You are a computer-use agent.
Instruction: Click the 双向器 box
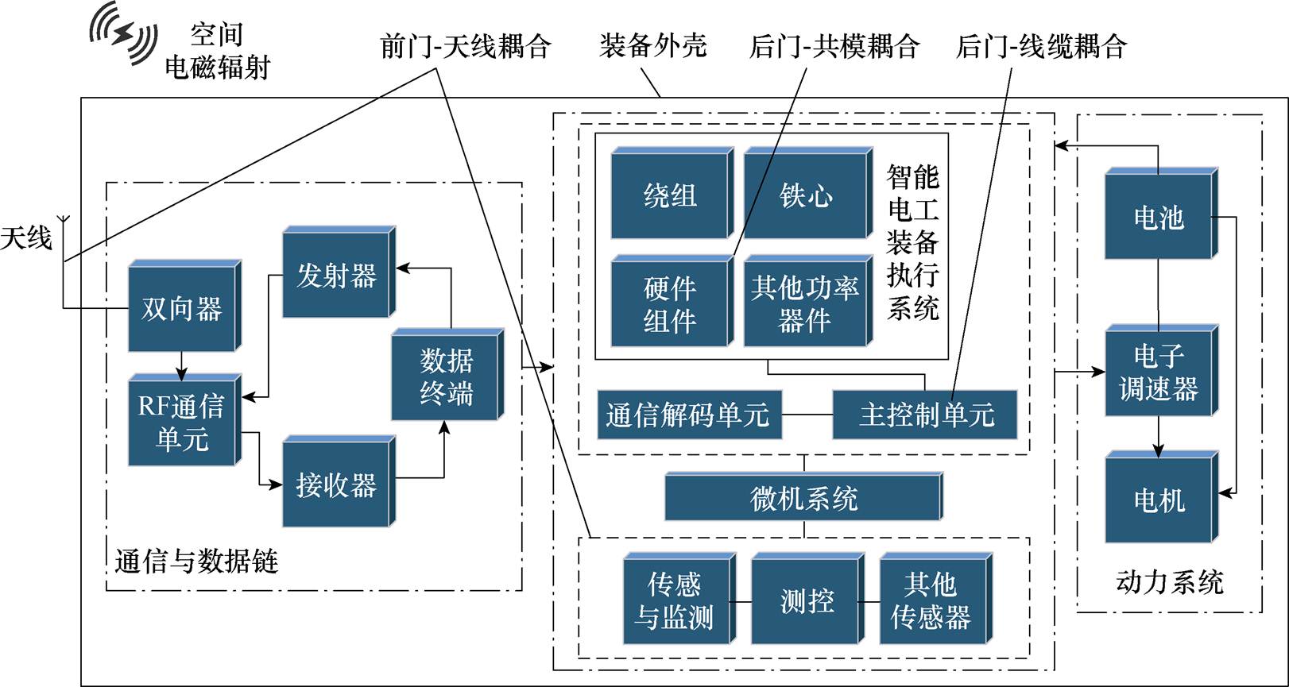tap(182, 308)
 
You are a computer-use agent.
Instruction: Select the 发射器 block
tap(337, 275)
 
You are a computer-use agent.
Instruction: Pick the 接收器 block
tap(336, 484)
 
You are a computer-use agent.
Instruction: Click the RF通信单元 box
tap(182, 422)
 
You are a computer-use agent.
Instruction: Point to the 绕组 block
tap(670, 195)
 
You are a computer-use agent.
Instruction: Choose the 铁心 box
tap(806, 195)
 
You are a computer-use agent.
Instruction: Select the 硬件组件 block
tap(670, 303)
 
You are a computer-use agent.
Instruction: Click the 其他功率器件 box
tap(805, 303)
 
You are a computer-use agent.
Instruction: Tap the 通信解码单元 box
tap(688, 415)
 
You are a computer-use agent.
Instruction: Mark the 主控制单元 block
tap(925, 415)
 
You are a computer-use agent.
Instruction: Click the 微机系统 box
tap(803, 498)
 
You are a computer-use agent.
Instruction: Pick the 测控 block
tap(806, 600)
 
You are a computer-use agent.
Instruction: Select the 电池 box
tap(1159, 216)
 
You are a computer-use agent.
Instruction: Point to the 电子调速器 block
tap(1159, 372)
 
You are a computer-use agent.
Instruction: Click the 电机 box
tap(1159, 500)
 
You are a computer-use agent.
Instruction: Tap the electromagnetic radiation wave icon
tap(123, 33)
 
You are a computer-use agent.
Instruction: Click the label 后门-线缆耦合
tap(1041, 46)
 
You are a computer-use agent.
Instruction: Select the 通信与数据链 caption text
tap(196, 562)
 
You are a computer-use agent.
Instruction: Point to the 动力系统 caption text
tap(1169, 582)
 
